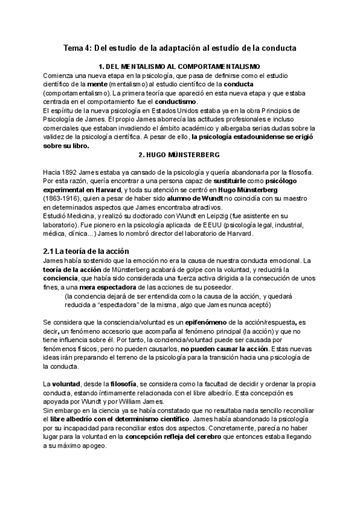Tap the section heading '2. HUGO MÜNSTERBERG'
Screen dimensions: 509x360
pos(179,155)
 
